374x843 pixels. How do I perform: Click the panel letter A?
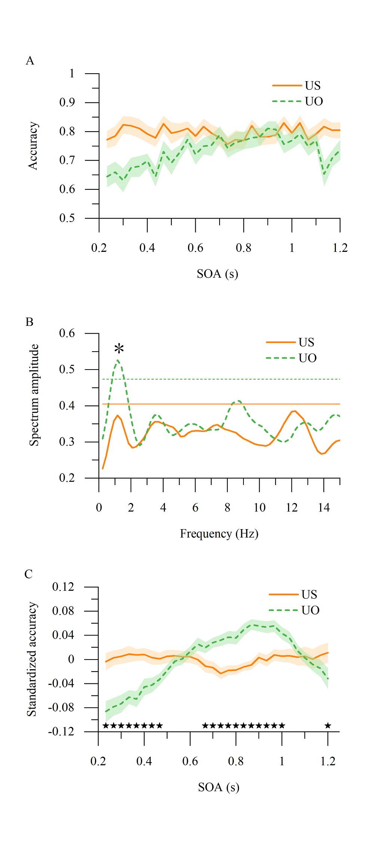coord(30,61)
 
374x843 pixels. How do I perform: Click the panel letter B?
coord(30,322)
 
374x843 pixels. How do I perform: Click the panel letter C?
coord(29,574)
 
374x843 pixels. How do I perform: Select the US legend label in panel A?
coord(313,86)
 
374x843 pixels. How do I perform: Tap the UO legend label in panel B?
coord(307,358)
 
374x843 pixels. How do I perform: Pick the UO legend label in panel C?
coord(310,610)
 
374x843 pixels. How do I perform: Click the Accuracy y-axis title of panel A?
coord(33,146)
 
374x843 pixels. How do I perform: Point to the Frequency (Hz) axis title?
coord(219,533)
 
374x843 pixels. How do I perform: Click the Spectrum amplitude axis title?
coord(34,395)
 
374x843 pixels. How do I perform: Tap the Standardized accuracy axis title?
coord(32,659)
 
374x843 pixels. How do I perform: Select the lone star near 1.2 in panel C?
coord(328,725)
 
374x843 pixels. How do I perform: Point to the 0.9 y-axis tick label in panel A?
coord(67,102)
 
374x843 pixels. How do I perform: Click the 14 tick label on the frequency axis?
coord(324,507)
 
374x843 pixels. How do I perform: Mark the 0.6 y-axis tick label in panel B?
coord(67,333)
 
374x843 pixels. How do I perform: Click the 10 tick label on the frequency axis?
coord(260,507)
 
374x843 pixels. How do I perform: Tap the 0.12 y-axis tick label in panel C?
coord(63,587)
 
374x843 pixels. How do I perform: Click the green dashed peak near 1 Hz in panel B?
coord(118,360)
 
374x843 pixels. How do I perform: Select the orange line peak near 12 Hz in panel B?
coord(295,411)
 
